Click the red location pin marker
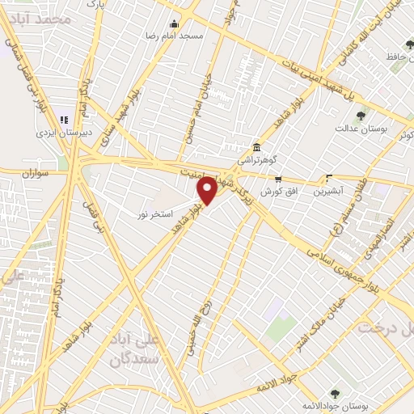tap(208, 189)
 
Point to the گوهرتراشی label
tap(256, 160)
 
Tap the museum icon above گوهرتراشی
tap(256, 147)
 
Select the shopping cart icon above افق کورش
tap(278, 180)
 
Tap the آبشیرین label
tap(330, 192)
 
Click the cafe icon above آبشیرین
tap(329, 179)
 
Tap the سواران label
tap(37, 173)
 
